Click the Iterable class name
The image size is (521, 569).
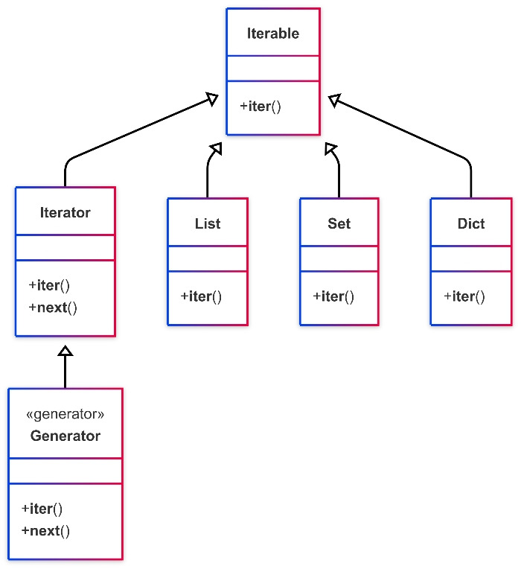(x=273, y=34)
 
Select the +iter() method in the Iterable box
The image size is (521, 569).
(x=260, y=107)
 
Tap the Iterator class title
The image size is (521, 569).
(x=65, y=213)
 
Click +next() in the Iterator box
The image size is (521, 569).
(x=53, y=308)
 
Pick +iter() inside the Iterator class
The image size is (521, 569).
(x=49, y=285)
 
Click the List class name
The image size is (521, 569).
(x=208, y=223)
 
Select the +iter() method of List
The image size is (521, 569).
(x=201, y=296)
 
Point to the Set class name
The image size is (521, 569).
(x=339, y=223)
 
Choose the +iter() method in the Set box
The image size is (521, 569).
(x=333, y=296)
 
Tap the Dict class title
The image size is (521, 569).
(x=471, y=223)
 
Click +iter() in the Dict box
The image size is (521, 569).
(x=464, y=296)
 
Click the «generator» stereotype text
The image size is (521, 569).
(x=65, y=414)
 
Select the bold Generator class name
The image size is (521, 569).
(x=65, y=436)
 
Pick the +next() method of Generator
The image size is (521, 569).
(x=45, y=531)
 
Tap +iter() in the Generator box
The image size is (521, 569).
(x=42, y=509)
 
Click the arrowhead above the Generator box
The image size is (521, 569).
(x=65, y=351)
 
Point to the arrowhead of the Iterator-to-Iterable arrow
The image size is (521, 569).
(x=213, y=99)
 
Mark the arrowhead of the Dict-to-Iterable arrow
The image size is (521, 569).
(x=334, y=100)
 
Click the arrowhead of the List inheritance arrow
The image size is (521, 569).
(x=217, y=148)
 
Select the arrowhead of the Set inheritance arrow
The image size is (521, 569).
(x=330, y=149)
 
